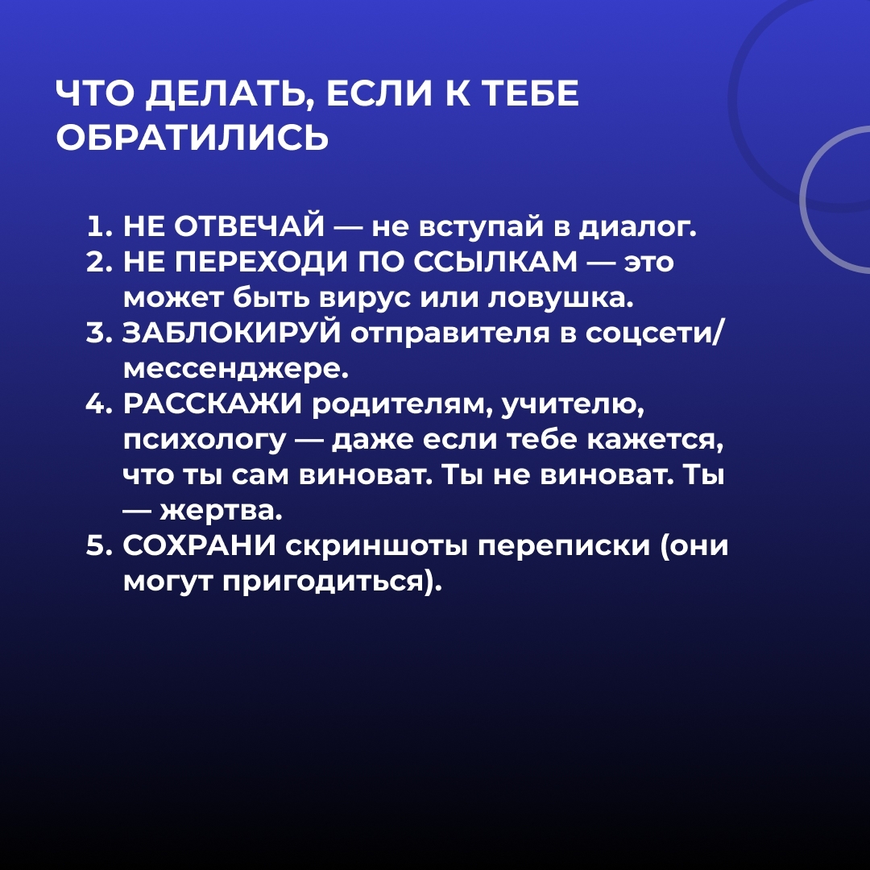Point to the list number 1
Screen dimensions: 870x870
(x=97, y=226)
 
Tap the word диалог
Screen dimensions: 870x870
(x=637, y=229)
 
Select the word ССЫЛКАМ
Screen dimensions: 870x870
(x=496, y=262)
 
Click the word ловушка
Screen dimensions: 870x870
(x=561, y=299)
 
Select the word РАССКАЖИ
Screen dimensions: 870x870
(x=213, y=404)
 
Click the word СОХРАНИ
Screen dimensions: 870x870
(x=199, y=546)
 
